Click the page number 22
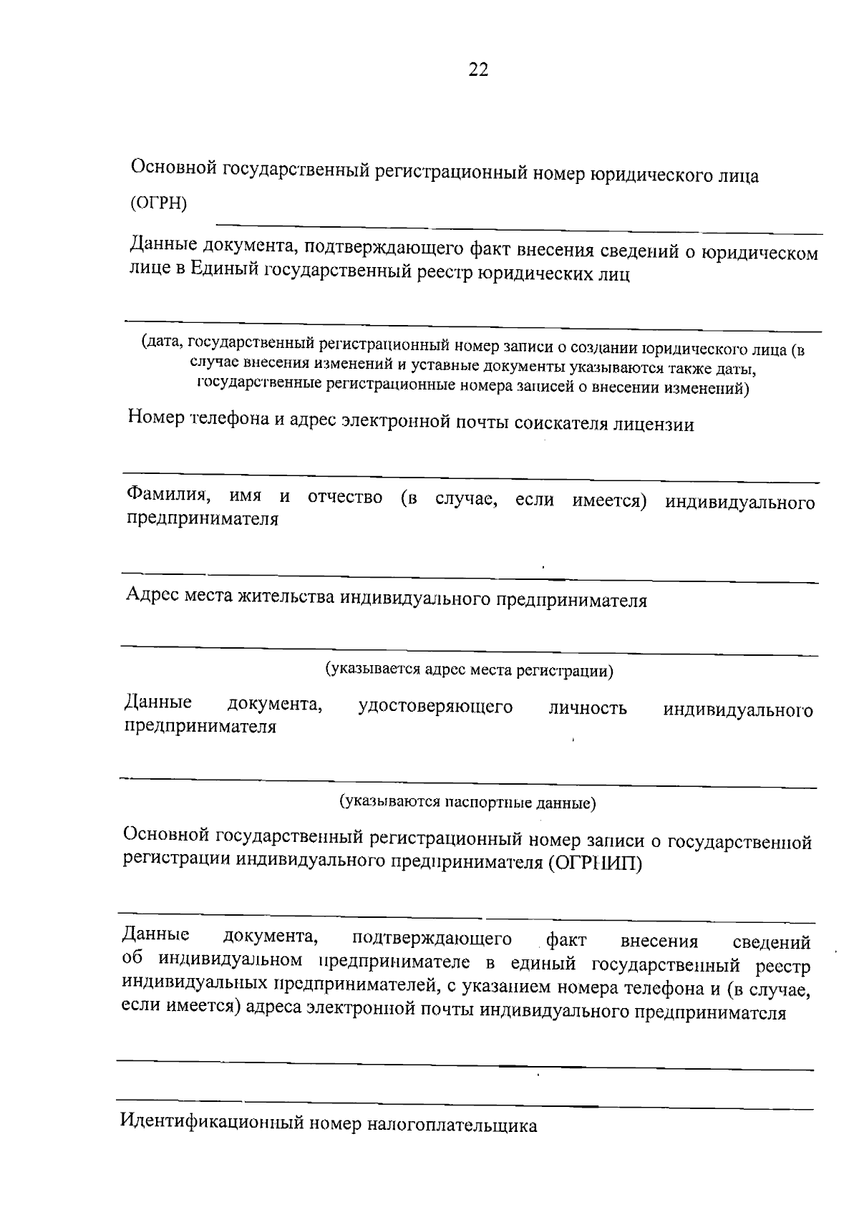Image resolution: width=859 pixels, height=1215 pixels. click(x=478, y=69)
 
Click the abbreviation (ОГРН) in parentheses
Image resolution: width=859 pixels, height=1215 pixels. click(x=158, y=203)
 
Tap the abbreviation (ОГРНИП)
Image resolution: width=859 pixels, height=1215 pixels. click(x=596, y=863)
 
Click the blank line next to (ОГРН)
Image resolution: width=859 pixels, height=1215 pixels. click(x=519, y=229)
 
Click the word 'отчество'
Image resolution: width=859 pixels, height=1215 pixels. click(x=345, y=498)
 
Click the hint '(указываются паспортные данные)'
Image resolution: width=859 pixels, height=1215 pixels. click(x=467, y=803)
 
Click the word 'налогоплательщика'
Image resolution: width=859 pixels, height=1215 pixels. click(x=452, y=1125)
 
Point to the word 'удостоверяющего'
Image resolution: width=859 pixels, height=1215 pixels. click(x=435, y=707)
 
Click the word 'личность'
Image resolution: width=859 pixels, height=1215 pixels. click(x=588, y=709)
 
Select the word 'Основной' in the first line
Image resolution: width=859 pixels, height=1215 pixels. click(x=173, y=169)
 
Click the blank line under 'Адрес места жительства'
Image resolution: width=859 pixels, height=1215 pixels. click(x=469, y=650)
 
